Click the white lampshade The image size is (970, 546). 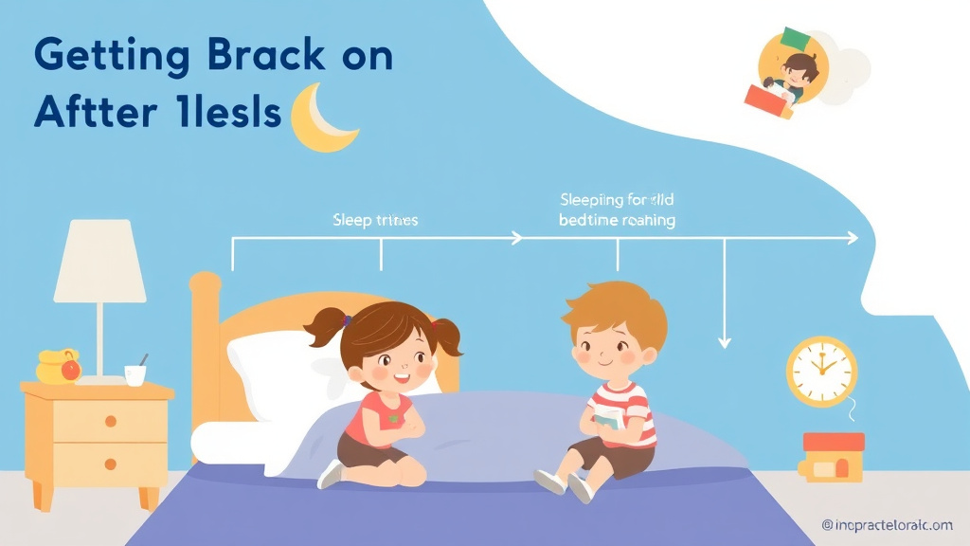tap(99, 262)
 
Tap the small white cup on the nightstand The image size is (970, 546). tap(135, 374)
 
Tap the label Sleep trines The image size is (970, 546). tap(375, 220)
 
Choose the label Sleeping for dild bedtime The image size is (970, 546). tap(617, 209)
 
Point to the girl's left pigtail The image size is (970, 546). tap(325, 327)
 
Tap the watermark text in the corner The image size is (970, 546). tap(887, 524)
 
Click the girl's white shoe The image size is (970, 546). tap(331, 473)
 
